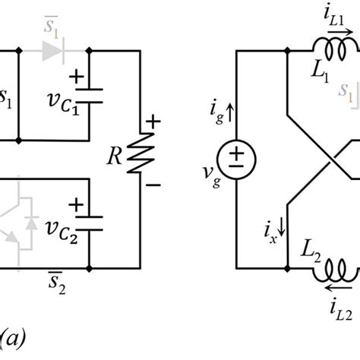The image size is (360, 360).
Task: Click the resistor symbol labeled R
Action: pos(140,160)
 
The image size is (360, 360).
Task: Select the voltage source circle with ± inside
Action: pos(238,160)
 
